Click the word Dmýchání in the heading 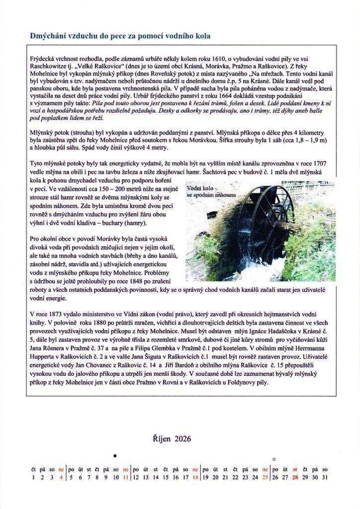coord(47,36)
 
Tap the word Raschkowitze coord(50,67)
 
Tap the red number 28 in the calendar coord(295,477)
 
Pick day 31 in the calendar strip coord(325,477)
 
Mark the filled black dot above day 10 coord(115,456)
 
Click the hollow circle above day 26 coord(274,459)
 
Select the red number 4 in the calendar coord(61,477)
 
